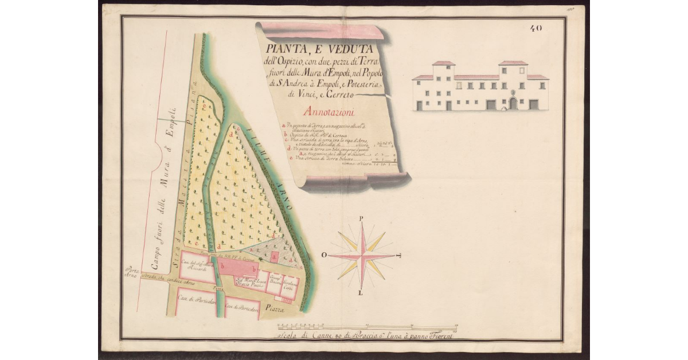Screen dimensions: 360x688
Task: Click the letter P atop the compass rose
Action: (361, 218)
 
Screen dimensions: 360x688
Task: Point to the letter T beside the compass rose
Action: (399, 256)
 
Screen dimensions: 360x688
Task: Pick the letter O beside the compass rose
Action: (325, 255)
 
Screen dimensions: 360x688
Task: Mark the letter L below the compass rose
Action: (361, 294)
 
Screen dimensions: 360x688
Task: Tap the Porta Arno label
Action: (132, 272)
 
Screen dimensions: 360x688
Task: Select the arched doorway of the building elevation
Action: (513, 103)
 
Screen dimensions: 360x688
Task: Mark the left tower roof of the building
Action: (443, 63)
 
